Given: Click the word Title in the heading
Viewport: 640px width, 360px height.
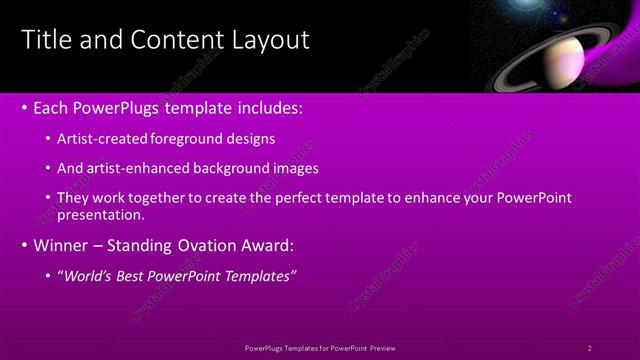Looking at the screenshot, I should pyautogui.click(x=44, y=40).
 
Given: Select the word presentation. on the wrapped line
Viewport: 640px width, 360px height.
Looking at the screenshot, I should pyautogui.click(x=103, y=214).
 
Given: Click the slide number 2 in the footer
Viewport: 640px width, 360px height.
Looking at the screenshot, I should pyautogui.click(x=590, y=347).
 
